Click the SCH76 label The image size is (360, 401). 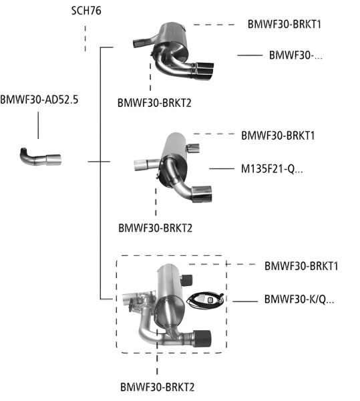click(x=85, y=11)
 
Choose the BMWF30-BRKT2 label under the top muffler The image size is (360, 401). click(x=155, y=104)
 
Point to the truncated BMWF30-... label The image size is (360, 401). click(x=295, y=55)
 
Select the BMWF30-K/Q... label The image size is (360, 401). click(x=299, y=299)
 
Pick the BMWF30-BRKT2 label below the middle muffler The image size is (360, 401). click(x=154, y=228)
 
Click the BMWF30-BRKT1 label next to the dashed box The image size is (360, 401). click(x=301, y=266)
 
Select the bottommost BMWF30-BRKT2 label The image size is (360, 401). click(x=158, y=386)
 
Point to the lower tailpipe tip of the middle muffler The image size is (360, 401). click(x=201, y=193)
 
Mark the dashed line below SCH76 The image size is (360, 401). click(x=85, y=39)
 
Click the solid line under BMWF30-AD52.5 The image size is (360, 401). click(x=38, y=125)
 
